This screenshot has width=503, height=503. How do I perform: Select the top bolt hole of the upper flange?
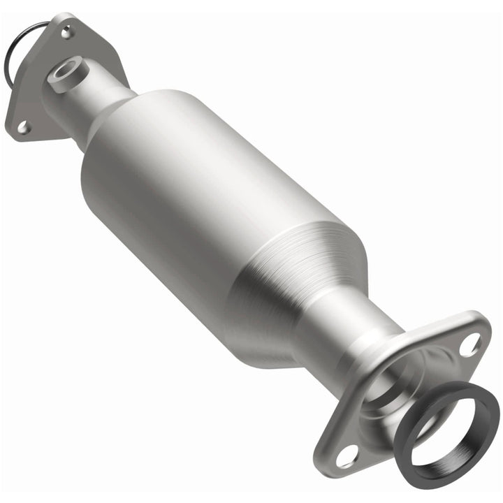tap(67, 31)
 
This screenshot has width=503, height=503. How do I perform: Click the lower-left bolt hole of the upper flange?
tap(23, 126)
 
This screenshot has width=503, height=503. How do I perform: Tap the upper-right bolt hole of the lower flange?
tap(471, 343)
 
